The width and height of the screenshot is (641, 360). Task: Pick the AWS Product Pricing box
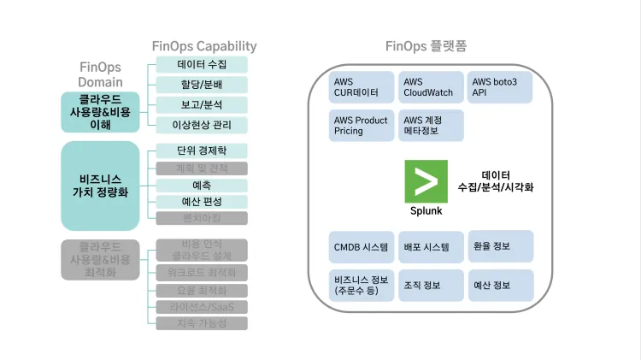(362, 126)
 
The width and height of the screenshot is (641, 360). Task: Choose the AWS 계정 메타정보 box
(431, 126)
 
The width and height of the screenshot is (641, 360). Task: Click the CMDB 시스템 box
(362, 246)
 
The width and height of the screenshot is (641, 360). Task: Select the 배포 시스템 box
(431, 246)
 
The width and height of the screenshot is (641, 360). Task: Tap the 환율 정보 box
(500, 246)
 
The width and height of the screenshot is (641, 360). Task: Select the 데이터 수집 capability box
(202, 65)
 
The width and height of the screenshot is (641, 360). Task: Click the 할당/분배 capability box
(202, 85)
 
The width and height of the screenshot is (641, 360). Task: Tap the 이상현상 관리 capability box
(202, 125)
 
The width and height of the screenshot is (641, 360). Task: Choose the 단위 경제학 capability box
(202, 151)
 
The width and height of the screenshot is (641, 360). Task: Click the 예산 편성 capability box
(202, 202)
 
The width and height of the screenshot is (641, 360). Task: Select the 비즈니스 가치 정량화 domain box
(100, 186)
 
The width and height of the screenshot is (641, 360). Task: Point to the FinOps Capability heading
(203, 46)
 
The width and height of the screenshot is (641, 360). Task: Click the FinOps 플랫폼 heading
(426, 46)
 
